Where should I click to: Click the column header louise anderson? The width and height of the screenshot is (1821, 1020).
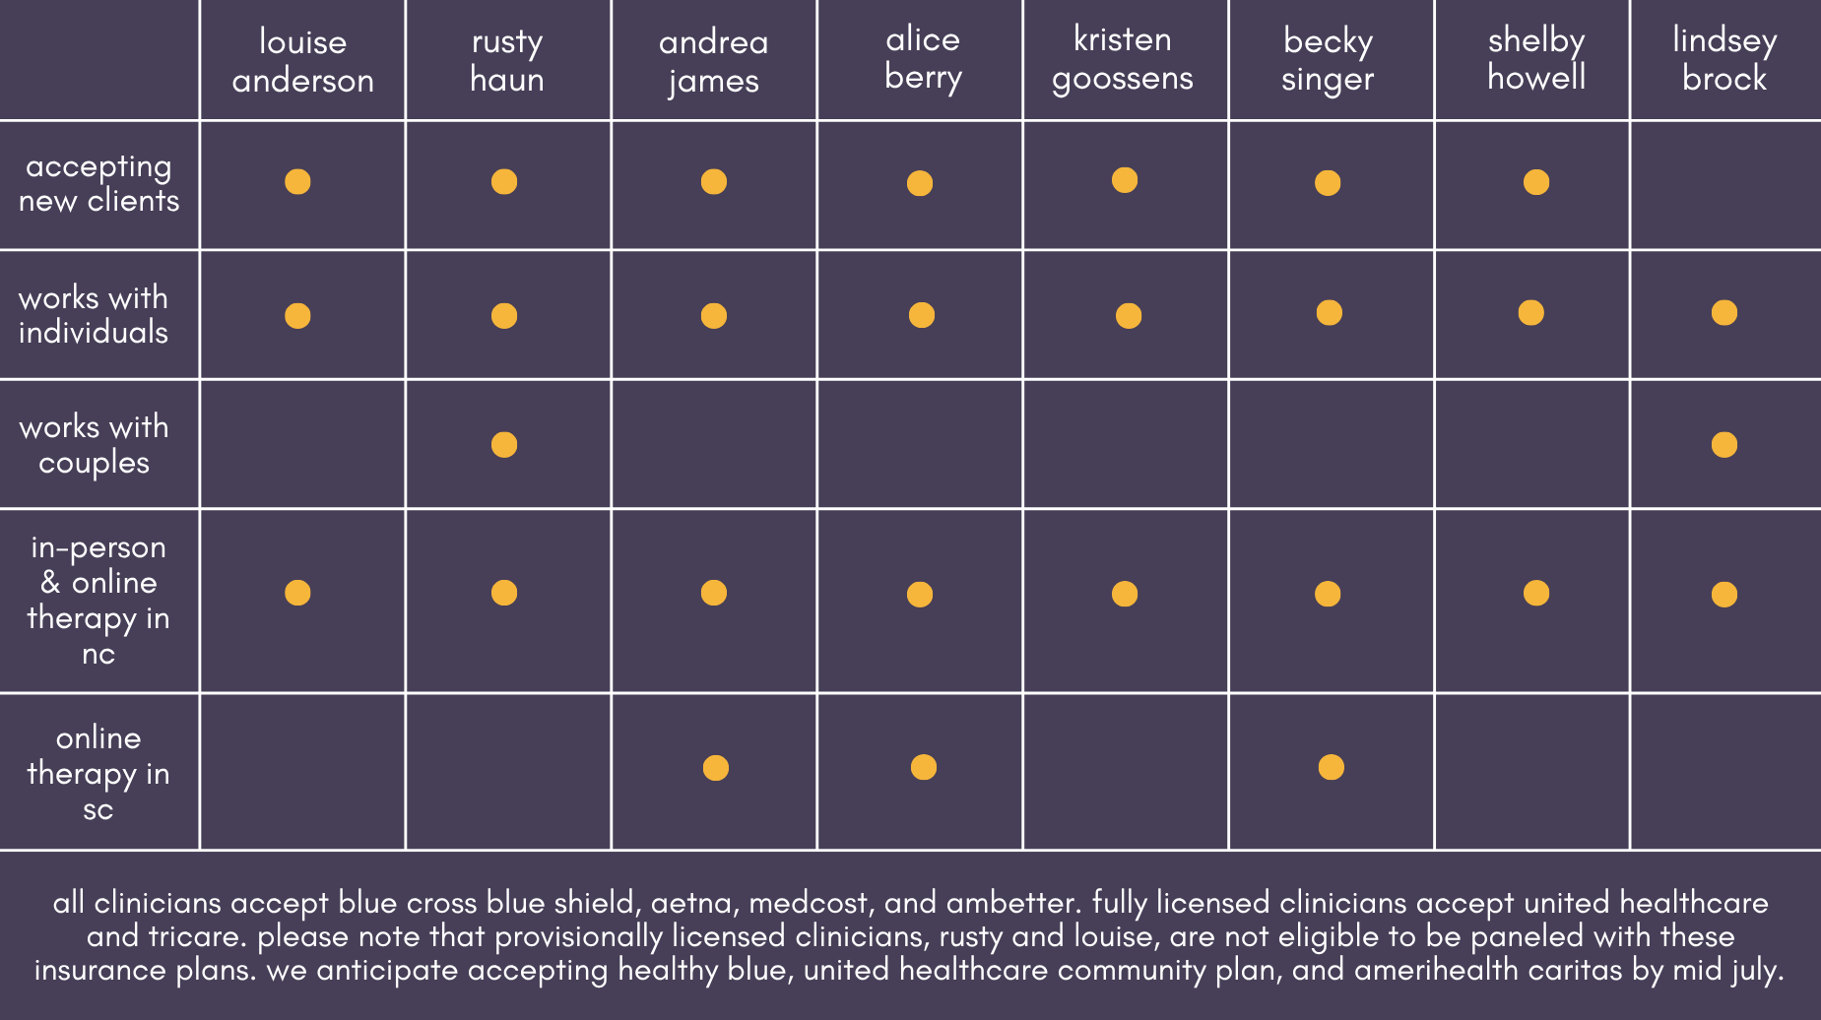(x=302, y=61)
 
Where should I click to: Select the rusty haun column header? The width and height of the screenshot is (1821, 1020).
(x=507, y=61)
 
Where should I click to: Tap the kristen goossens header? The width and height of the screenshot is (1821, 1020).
(x=1123, y=59)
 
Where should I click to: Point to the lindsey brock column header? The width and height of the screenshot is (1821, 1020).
(x=1724, y=59)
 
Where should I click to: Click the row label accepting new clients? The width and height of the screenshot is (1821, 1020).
(x=98, y=184)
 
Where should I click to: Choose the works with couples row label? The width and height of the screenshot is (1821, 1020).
(x=94, y=445)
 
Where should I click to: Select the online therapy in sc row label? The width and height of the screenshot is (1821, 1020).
(x=98, y=774)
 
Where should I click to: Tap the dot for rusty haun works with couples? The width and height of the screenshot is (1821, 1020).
(x=504, y=445)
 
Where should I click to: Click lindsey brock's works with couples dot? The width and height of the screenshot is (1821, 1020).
(x=1724, y=445)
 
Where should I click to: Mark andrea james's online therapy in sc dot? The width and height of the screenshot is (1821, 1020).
(x=716, y=768)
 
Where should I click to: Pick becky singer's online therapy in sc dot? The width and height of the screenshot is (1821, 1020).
(x=1332, y=767)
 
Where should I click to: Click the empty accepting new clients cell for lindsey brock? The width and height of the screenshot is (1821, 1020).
(x=1725, y=185)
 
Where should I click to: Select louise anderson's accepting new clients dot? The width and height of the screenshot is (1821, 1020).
(x=297, y=182)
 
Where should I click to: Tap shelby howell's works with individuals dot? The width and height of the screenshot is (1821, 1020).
(x=1531, y=313)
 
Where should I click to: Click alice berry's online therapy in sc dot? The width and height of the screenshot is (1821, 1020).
(x=924, y=767)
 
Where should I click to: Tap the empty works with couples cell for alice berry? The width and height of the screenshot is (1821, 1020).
(x=920, y=444)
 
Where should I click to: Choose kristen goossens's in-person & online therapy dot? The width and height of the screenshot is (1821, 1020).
(x=1125, y=594)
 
